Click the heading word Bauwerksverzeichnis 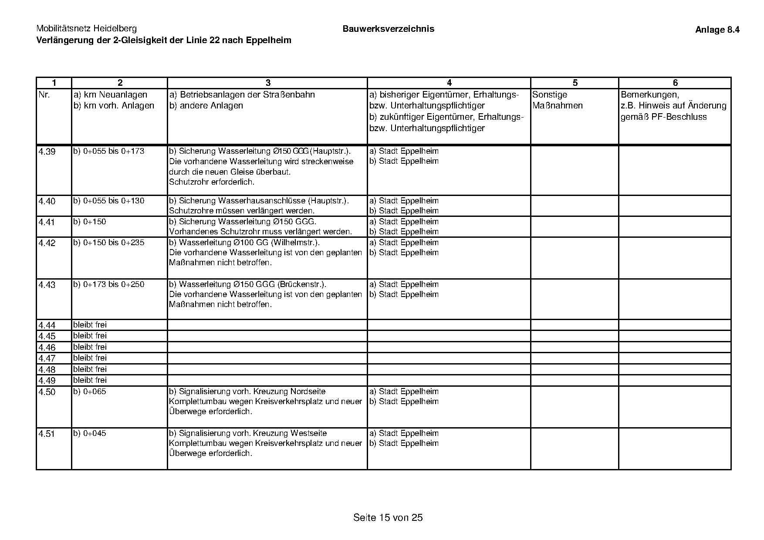388,29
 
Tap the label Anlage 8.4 717,30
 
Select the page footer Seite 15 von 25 388,517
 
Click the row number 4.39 47,152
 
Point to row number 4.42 47,243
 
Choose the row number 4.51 47,434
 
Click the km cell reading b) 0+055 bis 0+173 108,151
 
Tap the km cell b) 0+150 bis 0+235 108,243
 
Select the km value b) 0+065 89,391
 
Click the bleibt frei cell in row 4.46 90,347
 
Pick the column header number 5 575,83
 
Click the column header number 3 268,83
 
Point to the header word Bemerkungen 650,94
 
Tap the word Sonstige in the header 550,94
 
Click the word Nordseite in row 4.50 308,391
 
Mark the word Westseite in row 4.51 308,433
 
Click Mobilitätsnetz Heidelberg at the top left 86,29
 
